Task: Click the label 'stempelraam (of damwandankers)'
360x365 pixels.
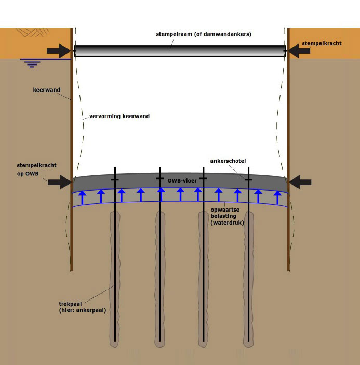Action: point(204,34)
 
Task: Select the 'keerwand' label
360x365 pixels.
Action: point(46,90)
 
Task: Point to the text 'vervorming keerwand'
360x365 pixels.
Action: point(116,116)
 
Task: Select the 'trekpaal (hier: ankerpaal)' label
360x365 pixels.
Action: point(82,306)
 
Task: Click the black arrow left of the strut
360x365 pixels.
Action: point(58,50)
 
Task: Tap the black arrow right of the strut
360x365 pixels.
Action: point(299,50)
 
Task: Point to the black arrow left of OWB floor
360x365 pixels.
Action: point(59,181)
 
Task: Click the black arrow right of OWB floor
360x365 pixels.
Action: point(300,182)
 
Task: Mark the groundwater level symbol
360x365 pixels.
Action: point(32,63)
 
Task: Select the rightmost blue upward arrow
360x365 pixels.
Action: point(277,198)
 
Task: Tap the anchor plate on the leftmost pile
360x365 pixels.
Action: point(114,179)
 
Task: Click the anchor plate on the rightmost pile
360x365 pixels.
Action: point(249,179)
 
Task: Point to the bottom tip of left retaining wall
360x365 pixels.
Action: point(72,269)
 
